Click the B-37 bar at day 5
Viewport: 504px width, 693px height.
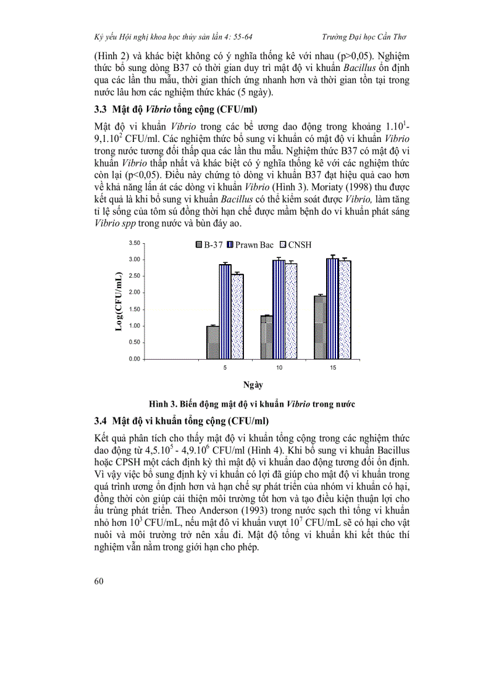tap(212, 342)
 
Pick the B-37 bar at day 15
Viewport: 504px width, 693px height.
tap(319, 328)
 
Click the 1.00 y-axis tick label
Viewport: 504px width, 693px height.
tap(135, 326)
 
